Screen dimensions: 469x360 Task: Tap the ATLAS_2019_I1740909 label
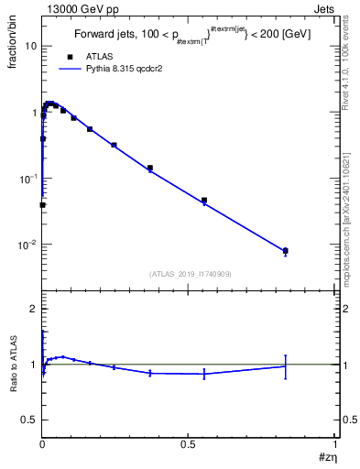190,273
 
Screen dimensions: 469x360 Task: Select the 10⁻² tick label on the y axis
27,245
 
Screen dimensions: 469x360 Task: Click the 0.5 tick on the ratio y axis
29,420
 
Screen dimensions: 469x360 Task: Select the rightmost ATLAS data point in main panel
286,250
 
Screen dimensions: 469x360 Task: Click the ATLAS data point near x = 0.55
204,200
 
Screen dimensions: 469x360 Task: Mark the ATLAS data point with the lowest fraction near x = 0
43,205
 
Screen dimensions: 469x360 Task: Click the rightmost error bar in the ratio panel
286,366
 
